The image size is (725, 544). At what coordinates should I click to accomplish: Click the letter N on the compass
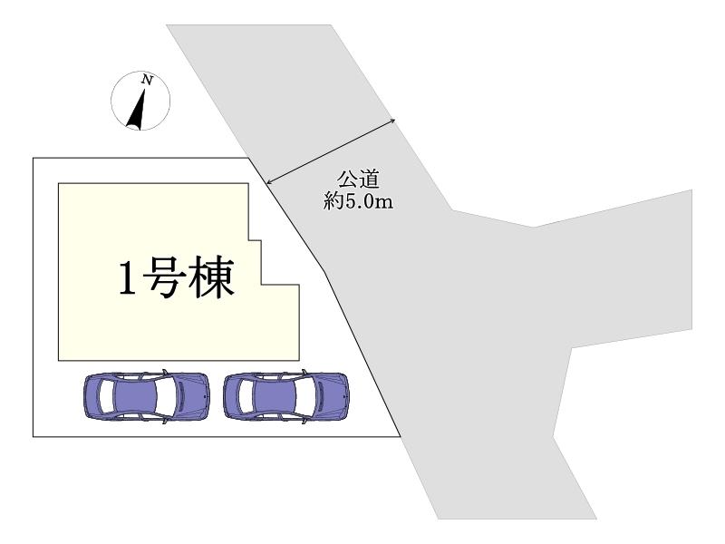pyautogui.click(x=147, y=81)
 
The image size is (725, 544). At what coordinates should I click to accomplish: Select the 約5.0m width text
pyautogui.click(x=358, y=201)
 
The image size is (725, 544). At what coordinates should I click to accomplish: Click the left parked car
pyautogui.click(x=146, y=395)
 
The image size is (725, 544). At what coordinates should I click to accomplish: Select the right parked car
pyautogui.click(x=286, y=395)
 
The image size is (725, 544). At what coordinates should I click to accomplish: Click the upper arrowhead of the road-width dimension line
pyautogui.click(x=394, y=119)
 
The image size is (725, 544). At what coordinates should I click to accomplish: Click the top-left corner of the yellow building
pyautogui.click(x=59, y=184)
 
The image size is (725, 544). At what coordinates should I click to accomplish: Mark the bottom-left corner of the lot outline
pyautogui.click(x=34, y=437)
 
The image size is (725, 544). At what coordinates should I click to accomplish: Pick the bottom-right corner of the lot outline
pyautogui.click(x=400, y=437)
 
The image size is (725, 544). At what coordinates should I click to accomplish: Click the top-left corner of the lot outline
pyautogui.click(x=34, y=159)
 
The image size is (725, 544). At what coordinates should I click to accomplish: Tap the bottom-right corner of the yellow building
pyautogui.click(x=299, y=359)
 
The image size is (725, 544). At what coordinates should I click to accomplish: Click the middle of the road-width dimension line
pyautogui.click(x=331, y=151)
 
